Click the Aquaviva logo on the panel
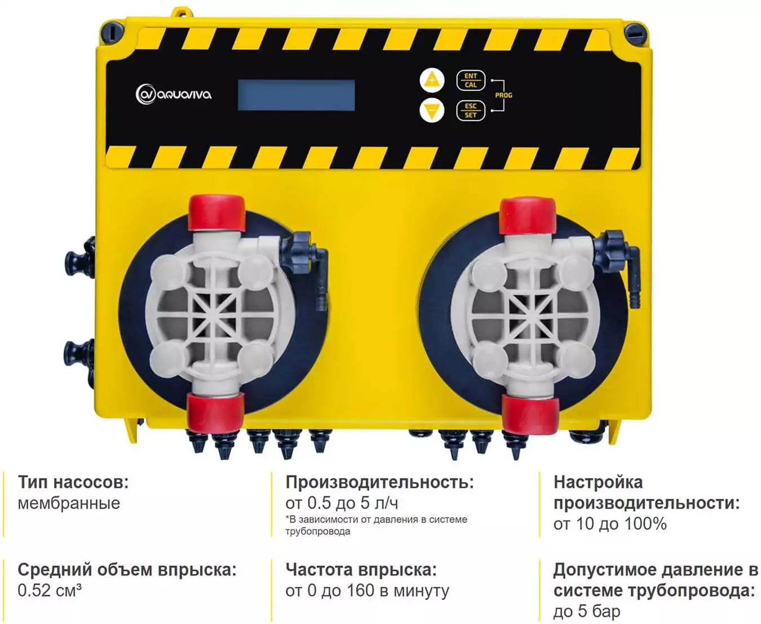174,95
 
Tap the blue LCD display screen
297,95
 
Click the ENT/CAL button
471,80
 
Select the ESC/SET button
471,111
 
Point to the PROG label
504,95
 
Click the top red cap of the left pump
216,213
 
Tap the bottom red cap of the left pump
216,411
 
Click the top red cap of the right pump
528,216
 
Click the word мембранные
69,503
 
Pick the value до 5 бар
587,612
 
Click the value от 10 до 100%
610,524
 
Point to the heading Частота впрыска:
361,570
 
